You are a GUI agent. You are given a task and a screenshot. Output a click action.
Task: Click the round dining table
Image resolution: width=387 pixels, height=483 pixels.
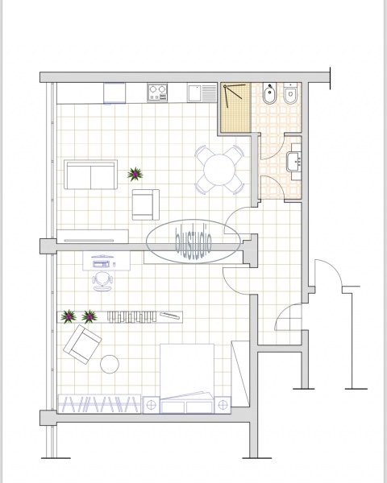(219, 170)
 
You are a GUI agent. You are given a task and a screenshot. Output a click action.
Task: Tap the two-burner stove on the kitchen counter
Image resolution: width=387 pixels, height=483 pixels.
(157, 93)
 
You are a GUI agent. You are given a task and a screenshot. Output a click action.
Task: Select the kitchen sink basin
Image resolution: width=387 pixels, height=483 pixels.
(194, 93)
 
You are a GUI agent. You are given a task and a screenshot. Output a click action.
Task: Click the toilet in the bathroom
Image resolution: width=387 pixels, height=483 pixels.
(290, 93)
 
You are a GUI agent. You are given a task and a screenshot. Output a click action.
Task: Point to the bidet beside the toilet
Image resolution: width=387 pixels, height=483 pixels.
(270, 93)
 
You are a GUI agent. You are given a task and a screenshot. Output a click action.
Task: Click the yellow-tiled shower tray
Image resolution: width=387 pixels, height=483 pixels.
(235, 108)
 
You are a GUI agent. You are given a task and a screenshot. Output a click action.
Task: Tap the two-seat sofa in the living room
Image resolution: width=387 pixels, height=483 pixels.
(91, 175)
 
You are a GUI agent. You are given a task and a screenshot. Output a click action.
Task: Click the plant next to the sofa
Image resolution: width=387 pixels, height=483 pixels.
(135, 174)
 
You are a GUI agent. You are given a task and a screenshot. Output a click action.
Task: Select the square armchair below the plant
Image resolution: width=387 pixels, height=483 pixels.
(146, 204)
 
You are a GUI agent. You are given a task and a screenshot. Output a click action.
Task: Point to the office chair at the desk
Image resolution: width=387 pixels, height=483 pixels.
(102, 281)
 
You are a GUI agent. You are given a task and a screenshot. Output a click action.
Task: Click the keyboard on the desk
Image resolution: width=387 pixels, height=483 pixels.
(101, 264)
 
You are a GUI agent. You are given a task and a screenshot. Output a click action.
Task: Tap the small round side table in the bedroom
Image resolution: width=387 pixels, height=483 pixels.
(110, 364)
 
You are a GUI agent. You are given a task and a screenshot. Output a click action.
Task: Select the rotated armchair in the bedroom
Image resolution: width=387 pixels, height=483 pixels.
(82, 344)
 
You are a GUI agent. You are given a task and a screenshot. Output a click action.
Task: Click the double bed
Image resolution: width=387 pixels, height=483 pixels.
(187, 378)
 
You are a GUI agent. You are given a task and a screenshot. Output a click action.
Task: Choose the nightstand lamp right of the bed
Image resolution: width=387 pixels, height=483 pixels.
(223, 405)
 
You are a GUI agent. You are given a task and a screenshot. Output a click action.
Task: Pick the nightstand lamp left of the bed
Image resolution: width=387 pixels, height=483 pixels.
(152, 405)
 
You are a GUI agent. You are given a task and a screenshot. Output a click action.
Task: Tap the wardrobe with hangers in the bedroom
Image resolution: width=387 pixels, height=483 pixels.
(99, 404)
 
